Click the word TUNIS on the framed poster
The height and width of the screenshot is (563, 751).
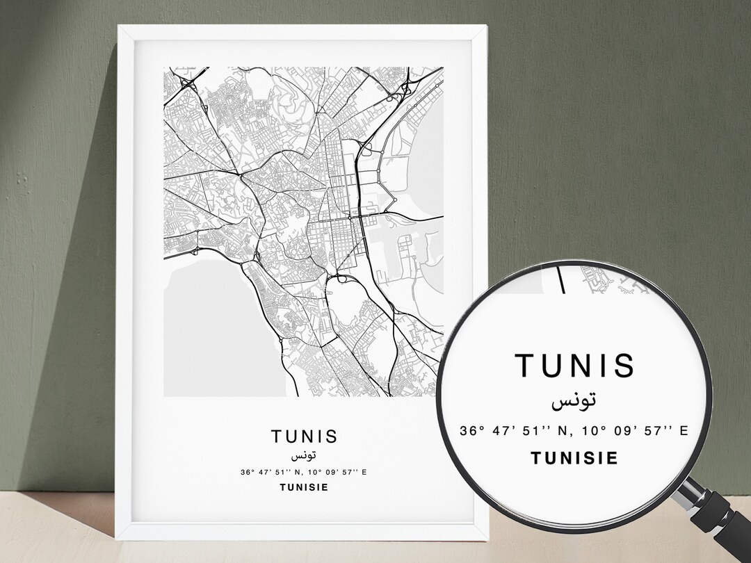304,436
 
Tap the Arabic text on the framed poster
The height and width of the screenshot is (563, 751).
304,455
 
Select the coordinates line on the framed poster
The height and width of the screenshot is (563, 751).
304,473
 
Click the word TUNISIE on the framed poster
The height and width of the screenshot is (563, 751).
304,487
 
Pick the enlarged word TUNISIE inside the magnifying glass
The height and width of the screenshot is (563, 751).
574,458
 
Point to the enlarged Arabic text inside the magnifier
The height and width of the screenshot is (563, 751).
574,401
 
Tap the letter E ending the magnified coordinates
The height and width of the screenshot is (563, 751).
684,431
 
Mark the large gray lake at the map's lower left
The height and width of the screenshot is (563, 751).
202,327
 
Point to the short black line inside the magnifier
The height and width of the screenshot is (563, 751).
561,279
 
